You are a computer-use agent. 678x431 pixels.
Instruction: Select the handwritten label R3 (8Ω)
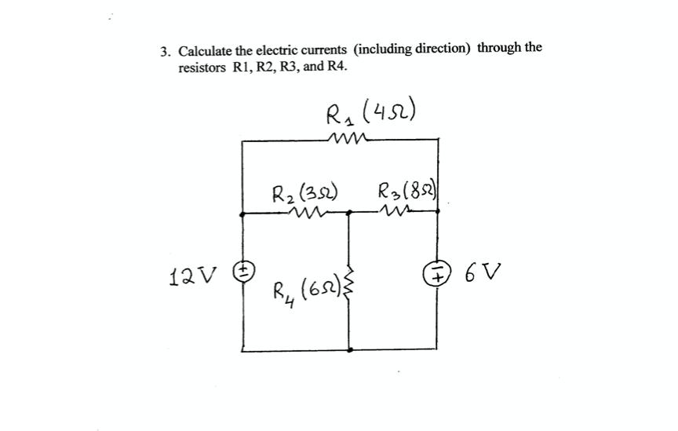coord(406,191)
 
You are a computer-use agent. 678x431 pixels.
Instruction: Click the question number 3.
coord(165,53)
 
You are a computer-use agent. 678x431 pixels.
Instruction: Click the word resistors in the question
coord(203,68)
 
